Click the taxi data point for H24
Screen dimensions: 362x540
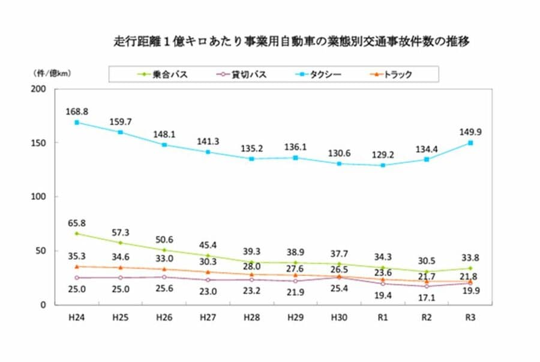[77, 122]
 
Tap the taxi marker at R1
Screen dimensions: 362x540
[383, 165]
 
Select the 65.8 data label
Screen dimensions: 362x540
[77, 223]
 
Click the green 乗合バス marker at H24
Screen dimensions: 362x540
[77, 234]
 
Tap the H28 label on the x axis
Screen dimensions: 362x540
[251, 318]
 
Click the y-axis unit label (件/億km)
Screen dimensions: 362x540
[52, 73]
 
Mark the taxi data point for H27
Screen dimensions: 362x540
[208, 152]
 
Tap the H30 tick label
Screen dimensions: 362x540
[339, 318]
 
